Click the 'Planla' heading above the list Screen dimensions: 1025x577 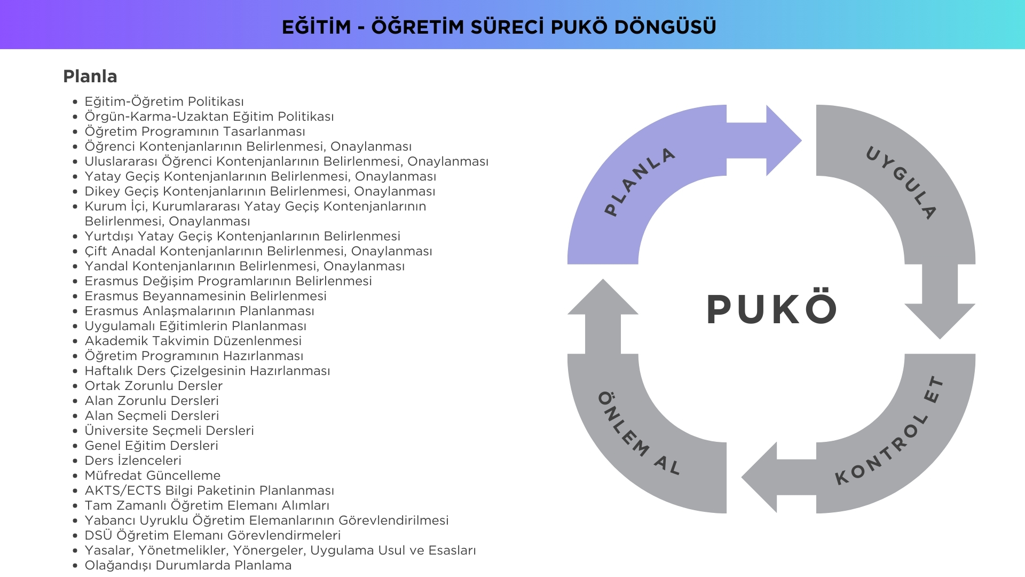point(90,76)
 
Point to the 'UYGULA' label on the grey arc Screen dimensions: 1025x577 point(902,182)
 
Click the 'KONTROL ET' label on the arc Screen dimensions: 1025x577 point(889,431)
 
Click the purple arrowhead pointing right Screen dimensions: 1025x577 point(783,141)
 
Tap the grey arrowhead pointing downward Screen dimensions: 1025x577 point(940,321)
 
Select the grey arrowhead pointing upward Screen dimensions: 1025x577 point(603,297)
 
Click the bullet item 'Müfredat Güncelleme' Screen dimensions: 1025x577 point(153,475)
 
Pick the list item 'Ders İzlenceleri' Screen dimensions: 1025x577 point(133,461)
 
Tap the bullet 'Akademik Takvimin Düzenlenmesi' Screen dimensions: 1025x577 point(193,341)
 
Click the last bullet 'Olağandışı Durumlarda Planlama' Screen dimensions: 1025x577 point(188,565)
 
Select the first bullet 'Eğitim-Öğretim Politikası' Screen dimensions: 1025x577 point(164,102)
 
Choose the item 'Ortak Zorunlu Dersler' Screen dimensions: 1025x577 point(154,386)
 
